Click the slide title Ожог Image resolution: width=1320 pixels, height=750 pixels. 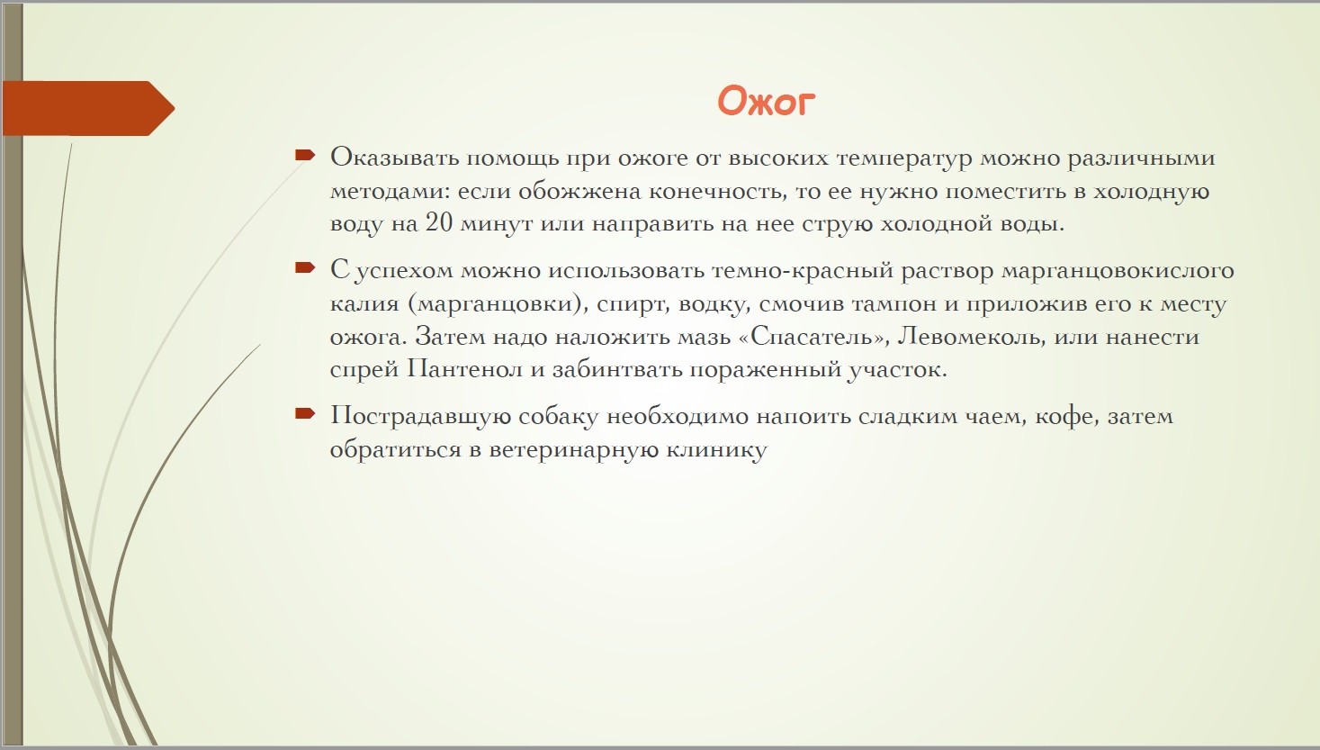click(x=766, y=102)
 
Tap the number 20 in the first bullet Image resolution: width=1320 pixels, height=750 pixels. click(x=439, y=223)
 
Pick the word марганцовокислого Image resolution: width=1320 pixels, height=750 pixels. click(x=1118, y=271)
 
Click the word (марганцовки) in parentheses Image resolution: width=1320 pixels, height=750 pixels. click(x=498, y=304)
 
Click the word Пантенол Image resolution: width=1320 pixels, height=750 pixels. click(x=465, y=370)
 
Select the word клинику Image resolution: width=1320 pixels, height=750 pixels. click(x=716, y=450)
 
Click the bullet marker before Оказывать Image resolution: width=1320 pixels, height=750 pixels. click(x=305, y=155)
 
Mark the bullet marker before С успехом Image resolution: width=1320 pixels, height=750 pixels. click(x=305, y=267)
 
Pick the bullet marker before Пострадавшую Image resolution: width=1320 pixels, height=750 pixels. click(x=305, y=413)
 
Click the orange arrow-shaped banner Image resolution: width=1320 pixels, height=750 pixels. click(x=88, y=108)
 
